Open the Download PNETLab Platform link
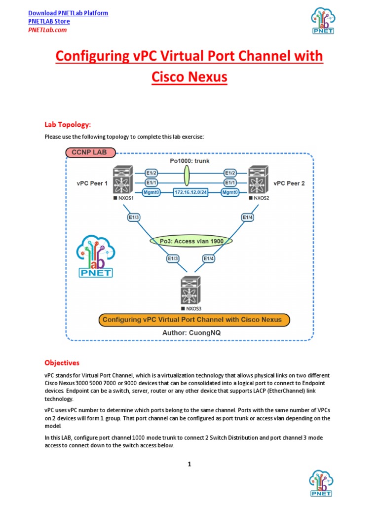pyautogui.click(x=68, y=13)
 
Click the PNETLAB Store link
pyautogui.click(x=49, y=21)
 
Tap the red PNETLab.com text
pyautogui.click(x=47, y=30)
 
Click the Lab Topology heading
pyautogui.click(x=68, y=124)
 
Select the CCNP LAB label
pyautogui.click(x=90, y=152)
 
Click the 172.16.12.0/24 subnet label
pyautogui.click(x=190, y=192)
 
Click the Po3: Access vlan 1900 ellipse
pyautogui.click(x=191, y=241)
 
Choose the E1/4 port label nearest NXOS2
pyautogui.click(x=248, y=216)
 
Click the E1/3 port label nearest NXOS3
pyautogui.click(x=173, y=258)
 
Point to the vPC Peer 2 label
pyautogui.click(x=289, y=183)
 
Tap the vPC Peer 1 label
pyautogui.click(x=92, y=183)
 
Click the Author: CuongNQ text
pyautogui.click(x=191, y=333)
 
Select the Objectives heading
pyautogui.click(x=62, y=362)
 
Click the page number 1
pyautogui.click(x=189, y=464)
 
